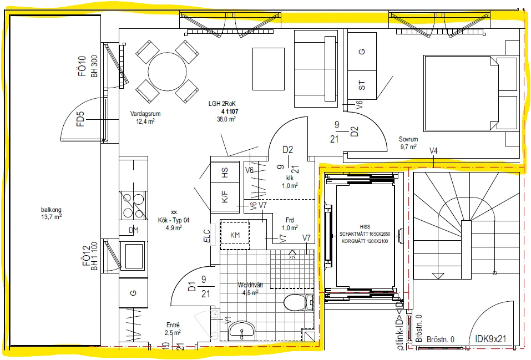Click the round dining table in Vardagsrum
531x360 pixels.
pos(167,72)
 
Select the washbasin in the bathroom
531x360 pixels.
pos(242,331)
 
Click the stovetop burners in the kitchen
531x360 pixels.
pos(133,204)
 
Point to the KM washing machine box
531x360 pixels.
pos(235,235)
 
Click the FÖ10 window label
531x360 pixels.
pos(83,66)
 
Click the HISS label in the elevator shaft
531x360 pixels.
pos(365,226)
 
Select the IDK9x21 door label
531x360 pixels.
pos(497,338)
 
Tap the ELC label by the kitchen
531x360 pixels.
pos(207,234)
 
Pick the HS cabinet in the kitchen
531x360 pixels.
pos(225,173)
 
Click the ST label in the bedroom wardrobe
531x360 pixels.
pos(362,85)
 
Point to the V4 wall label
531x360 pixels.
pos(433,151)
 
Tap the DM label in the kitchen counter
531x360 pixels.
pos(133,230)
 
